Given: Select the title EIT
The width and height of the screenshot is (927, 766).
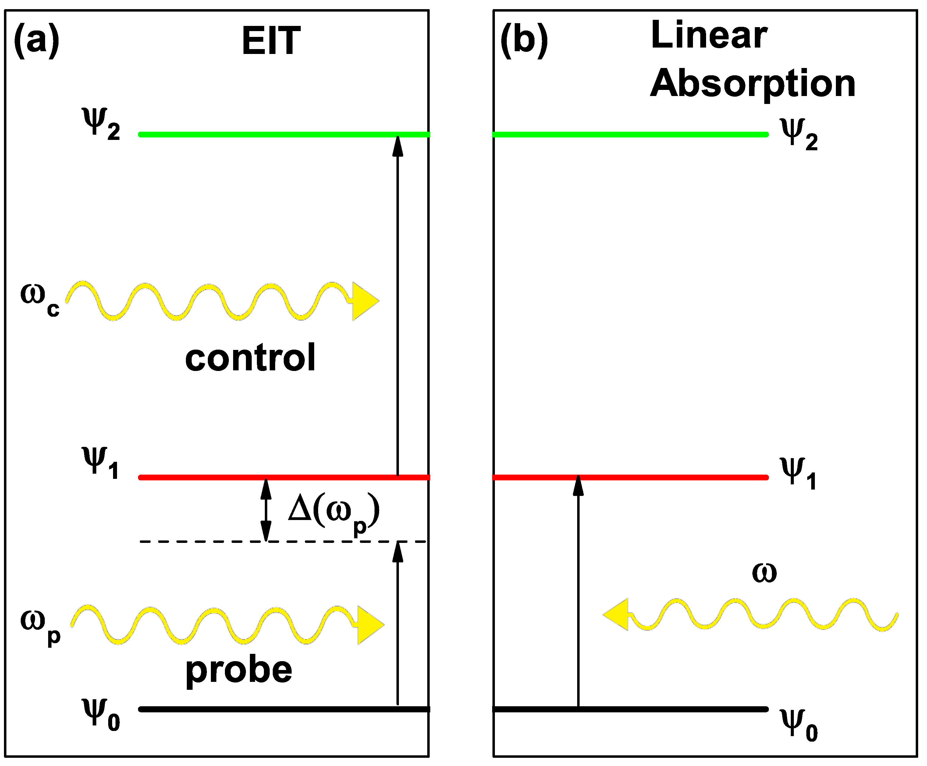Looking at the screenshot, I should click(x=271, y=41).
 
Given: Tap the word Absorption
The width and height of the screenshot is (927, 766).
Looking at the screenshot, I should click(x=752, y=84).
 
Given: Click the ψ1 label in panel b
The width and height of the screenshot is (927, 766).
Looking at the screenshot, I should click(x=798, y=473).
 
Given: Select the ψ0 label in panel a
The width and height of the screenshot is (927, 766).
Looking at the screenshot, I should click(x=101, y=714).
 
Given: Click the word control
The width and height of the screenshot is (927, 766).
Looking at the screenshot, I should click(x=250, y=358).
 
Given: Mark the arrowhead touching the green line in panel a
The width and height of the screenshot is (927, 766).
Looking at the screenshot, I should click(x=397, y=147).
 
